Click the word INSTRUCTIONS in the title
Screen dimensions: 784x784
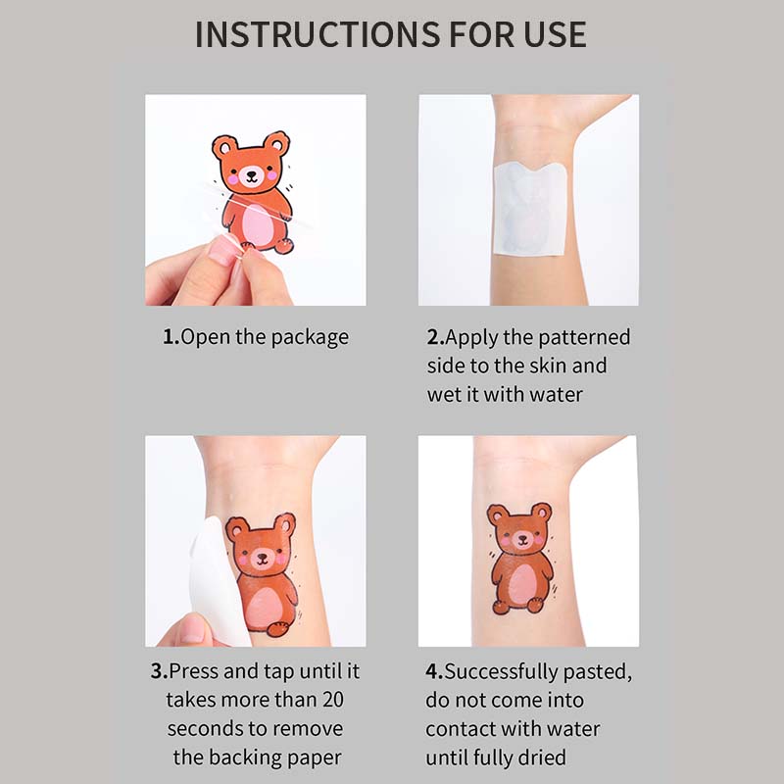[x=318, y=34]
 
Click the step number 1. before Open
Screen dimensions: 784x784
[x=171, y=336]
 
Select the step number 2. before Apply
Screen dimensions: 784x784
[x=435, y=337]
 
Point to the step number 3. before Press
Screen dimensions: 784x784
[x=159, y=671]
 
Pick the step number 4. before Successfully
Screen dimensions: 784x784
[x=434, y=671]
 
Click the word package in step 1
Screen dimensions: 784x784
[x=310, y=338]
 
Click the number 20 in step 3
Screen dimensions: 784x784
[x=332, y=700]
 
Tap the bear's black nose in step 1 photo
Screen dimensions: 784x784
[x=251, y=175]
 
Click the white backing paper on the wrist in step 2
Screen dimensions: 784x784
[x=530, y=208]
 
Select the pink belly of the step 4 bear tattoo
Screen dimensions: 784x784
[x=522, y=584]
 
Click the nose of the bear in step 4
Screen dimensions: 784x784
[x=522, y=539]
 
